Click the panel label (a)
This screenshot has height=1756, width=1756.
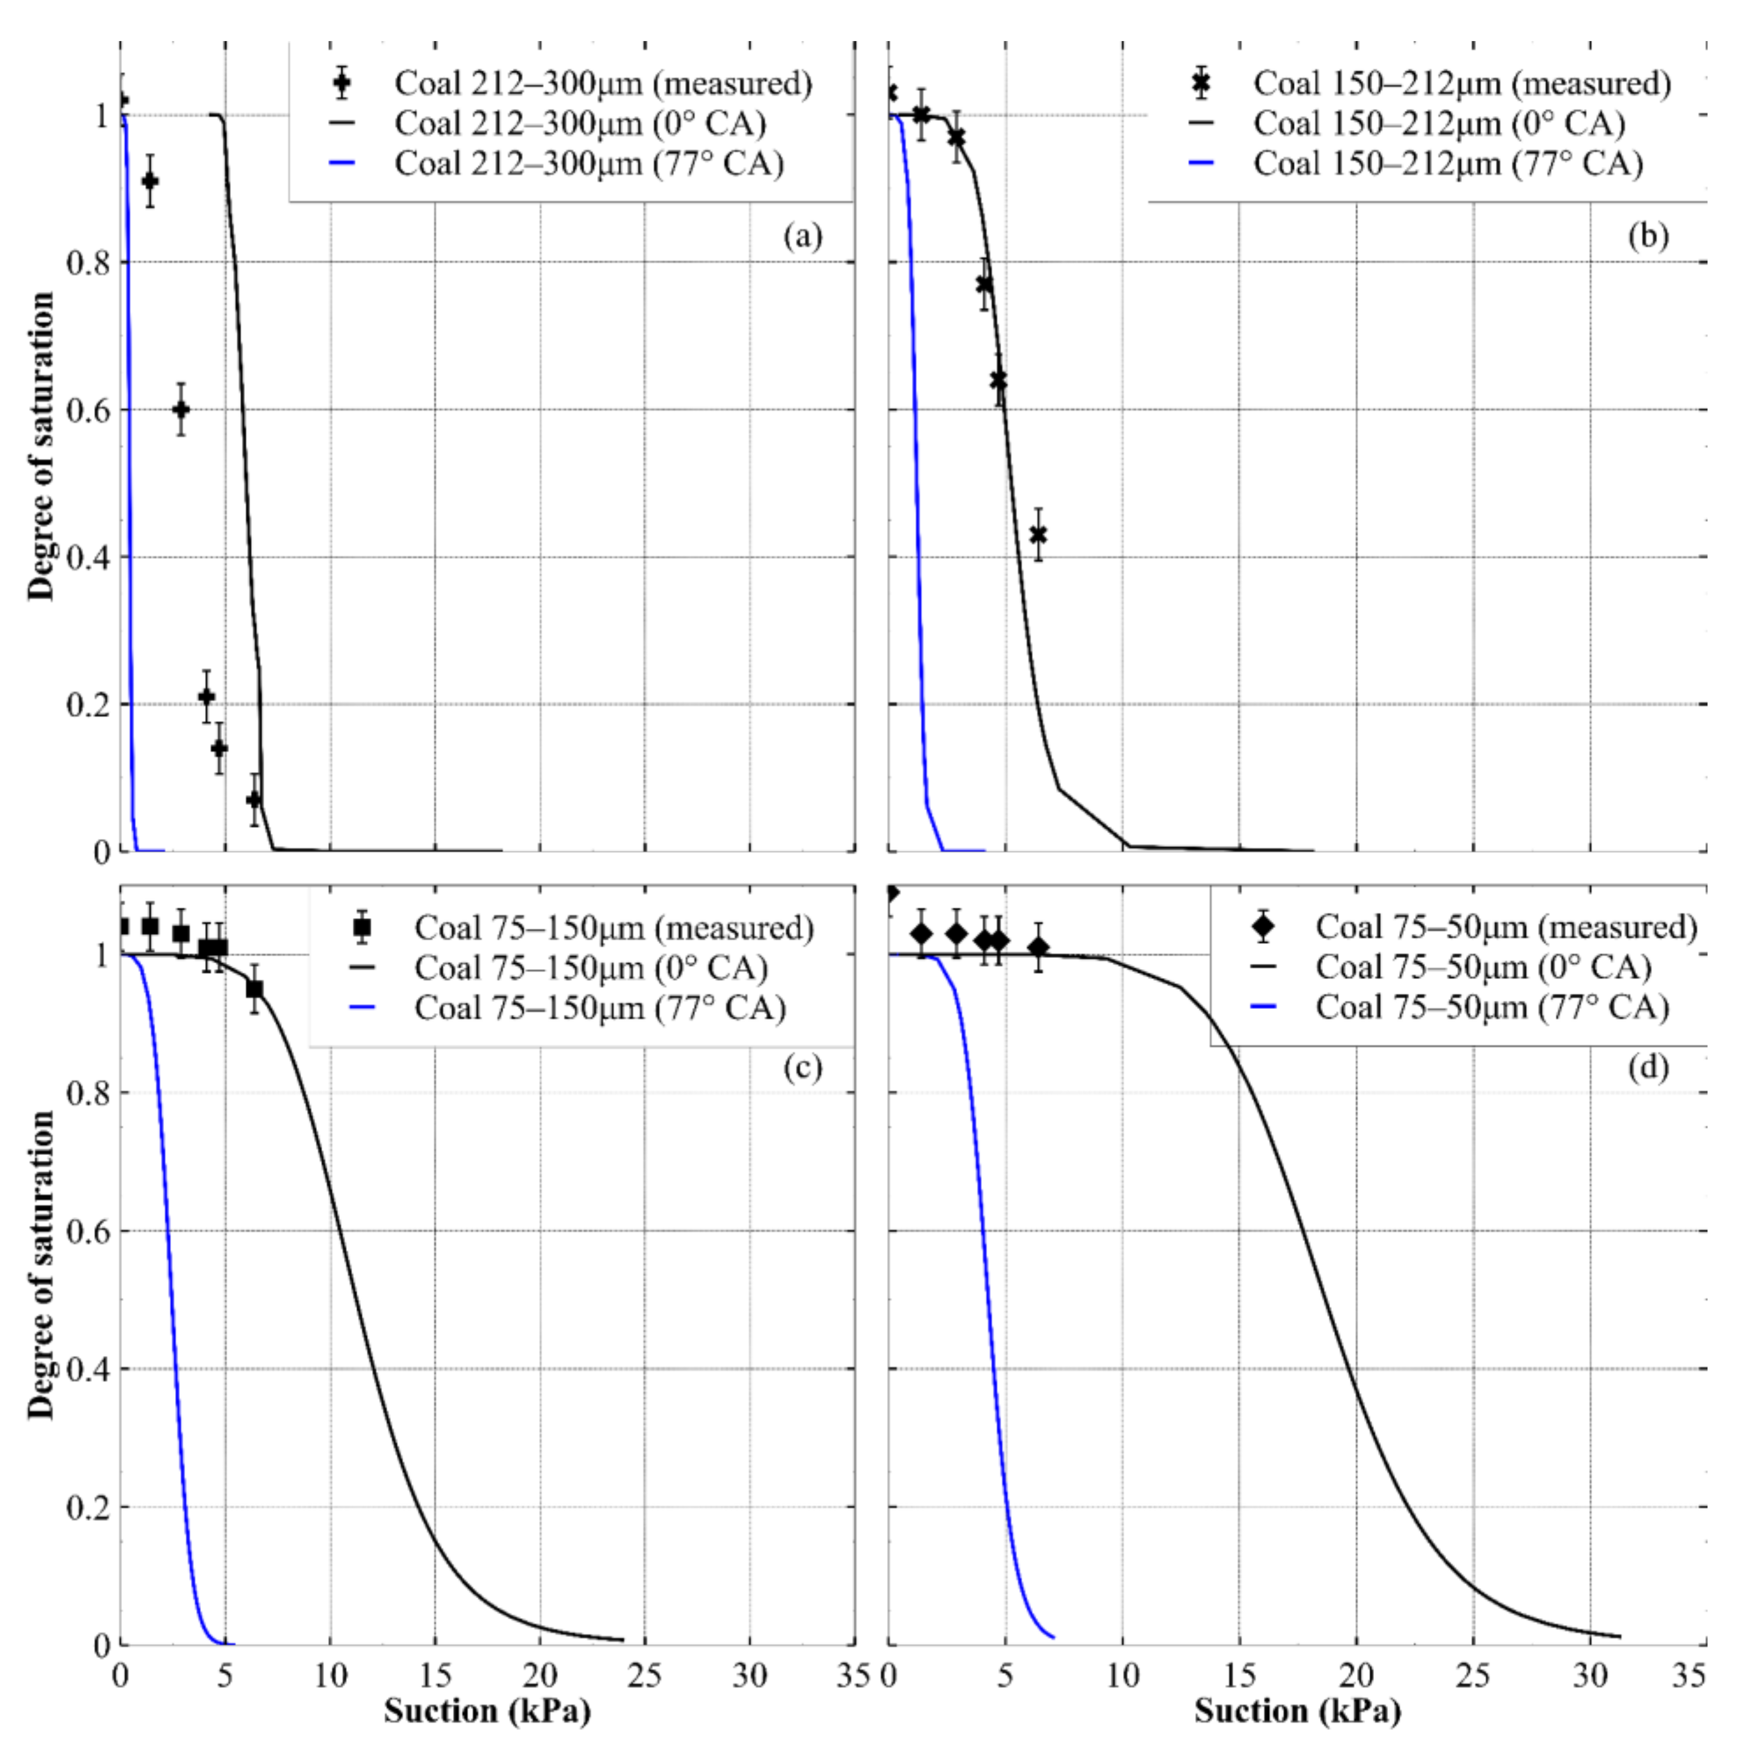click(803, 237)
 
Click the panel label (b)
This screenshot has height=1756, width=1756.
click(1649, 237)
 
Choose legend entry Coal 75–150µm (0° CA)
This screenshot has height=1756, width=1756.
click(591, 968)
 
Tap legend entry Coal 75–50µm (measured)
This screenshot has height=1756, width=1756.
click(1506, 927)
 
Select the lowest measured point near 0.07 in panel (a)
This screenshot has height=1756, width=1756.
click(254, 800)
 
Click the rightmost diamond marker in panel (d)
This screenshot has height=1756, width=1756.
click(1038, 948)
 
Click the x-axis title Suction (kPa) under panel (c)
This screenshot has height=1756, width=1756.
click(487, 1711)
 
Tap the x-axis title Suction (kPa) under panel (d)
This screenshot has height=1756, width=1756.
click(1297, 1711)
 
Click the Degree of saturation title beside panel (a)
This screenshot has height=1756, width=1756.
click(42, 445)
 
